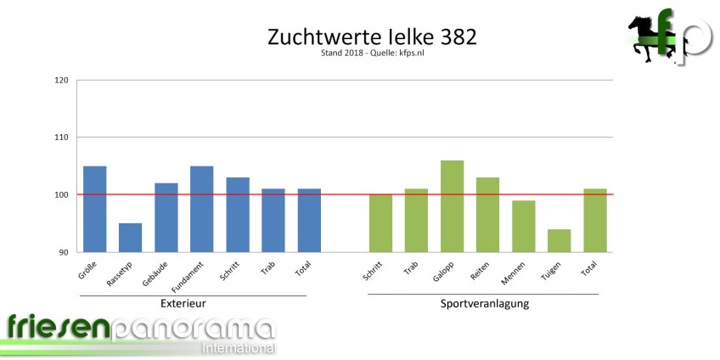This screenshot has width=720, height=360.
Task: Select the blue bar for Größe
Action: tap(94, 209)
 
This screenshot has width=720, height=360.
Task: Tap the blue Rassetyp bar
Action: tap(130, 238)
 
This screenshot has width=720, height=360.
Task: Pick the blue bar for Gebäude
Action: tap(166, 217)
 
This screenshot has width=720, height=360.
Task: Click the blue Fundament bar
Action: tap(202, 209)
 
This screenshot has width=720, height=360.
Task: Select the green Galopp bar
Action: tap(453, 206)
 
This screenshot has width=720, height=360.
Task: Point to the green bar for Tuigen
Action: tap(559, 240)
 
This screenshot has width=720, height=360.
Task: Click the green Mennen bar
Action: tap(524, 226)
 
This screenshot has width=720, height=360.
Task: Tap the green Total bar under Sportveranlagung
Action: tap(595, 220)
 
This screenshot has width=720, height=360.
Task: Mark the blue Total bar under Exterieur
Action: tap(309, 220)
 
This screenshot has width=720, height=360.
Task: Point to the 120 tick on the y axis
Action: tap(61, 81)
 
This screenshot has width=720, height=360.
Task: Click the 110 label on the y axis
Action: tap(61, 138)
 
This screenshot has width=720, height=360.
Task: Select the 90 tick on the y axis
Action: tap(64, 252)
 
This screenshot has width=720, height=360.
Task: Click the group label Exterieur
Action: tap(183, 303)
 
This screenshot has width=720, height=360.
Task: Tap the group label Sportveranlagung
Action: tap(485, 303)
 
